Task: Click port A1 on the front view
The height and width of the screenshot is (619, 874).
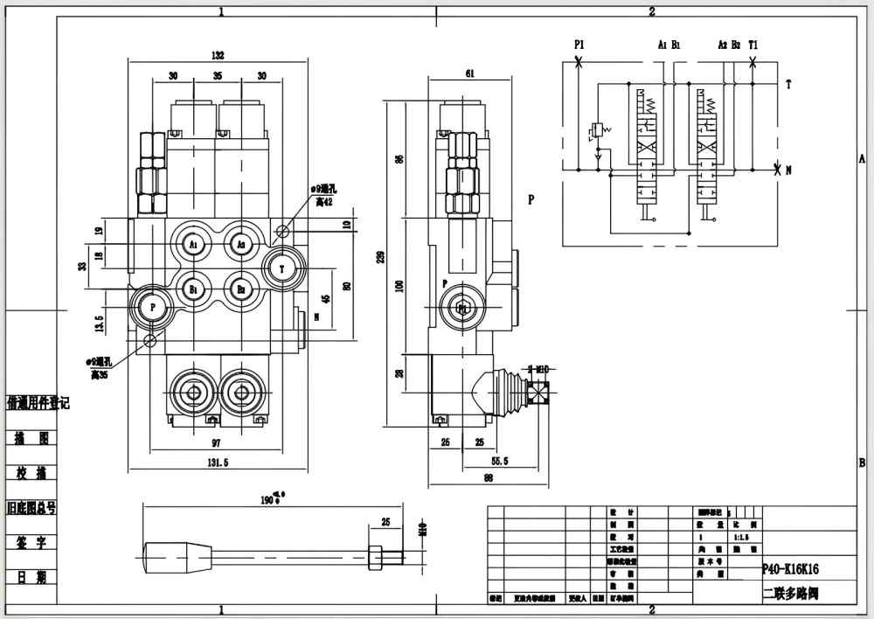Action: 193,245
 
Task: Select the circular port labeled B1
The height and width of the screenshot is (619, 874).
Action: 193,288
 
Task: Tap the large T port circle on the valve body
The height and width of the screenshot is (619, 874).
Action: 282,269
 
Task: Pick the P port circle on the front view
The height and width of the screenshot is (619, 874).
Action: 153,308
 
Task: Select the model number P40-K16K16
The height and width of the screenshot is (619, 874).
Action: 790,568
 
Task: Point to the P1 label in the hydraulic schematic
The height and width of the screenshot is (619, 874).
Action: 579,43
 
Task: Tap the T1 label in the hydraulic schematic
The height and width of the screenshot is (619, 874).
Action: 753,43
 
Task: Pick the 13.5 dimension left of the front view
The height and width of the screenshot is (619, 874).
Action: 100,324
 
